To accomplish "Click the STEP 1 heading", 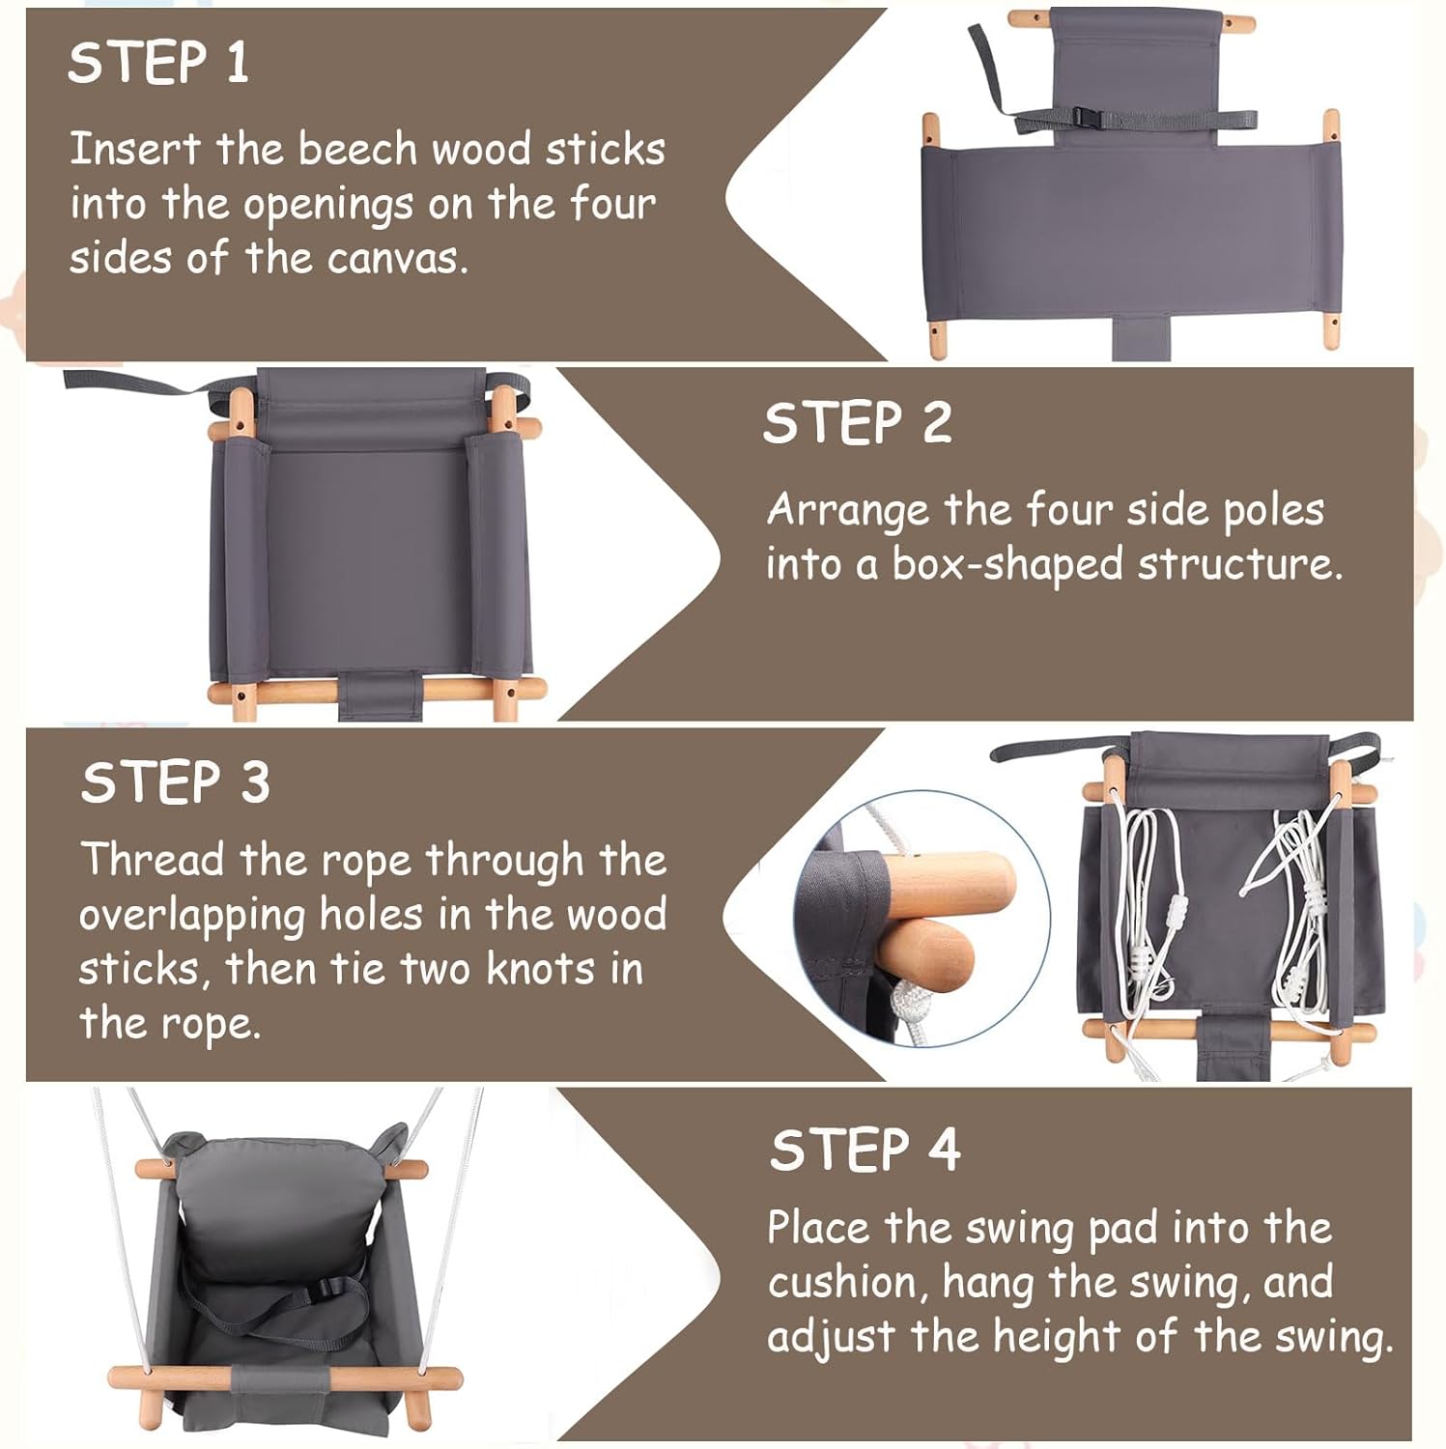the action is (x=158, y=64).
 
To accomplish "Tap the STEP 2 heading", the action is (x=858, y=423).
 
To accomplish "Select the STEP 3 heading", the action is (x=175, y=781).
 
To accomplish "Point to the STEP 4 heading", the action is (x=865, y=1150).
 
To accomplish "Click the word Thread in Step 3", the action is (x=153, y=860).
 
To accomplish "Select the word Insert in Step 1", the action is (x=134, y=150).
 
